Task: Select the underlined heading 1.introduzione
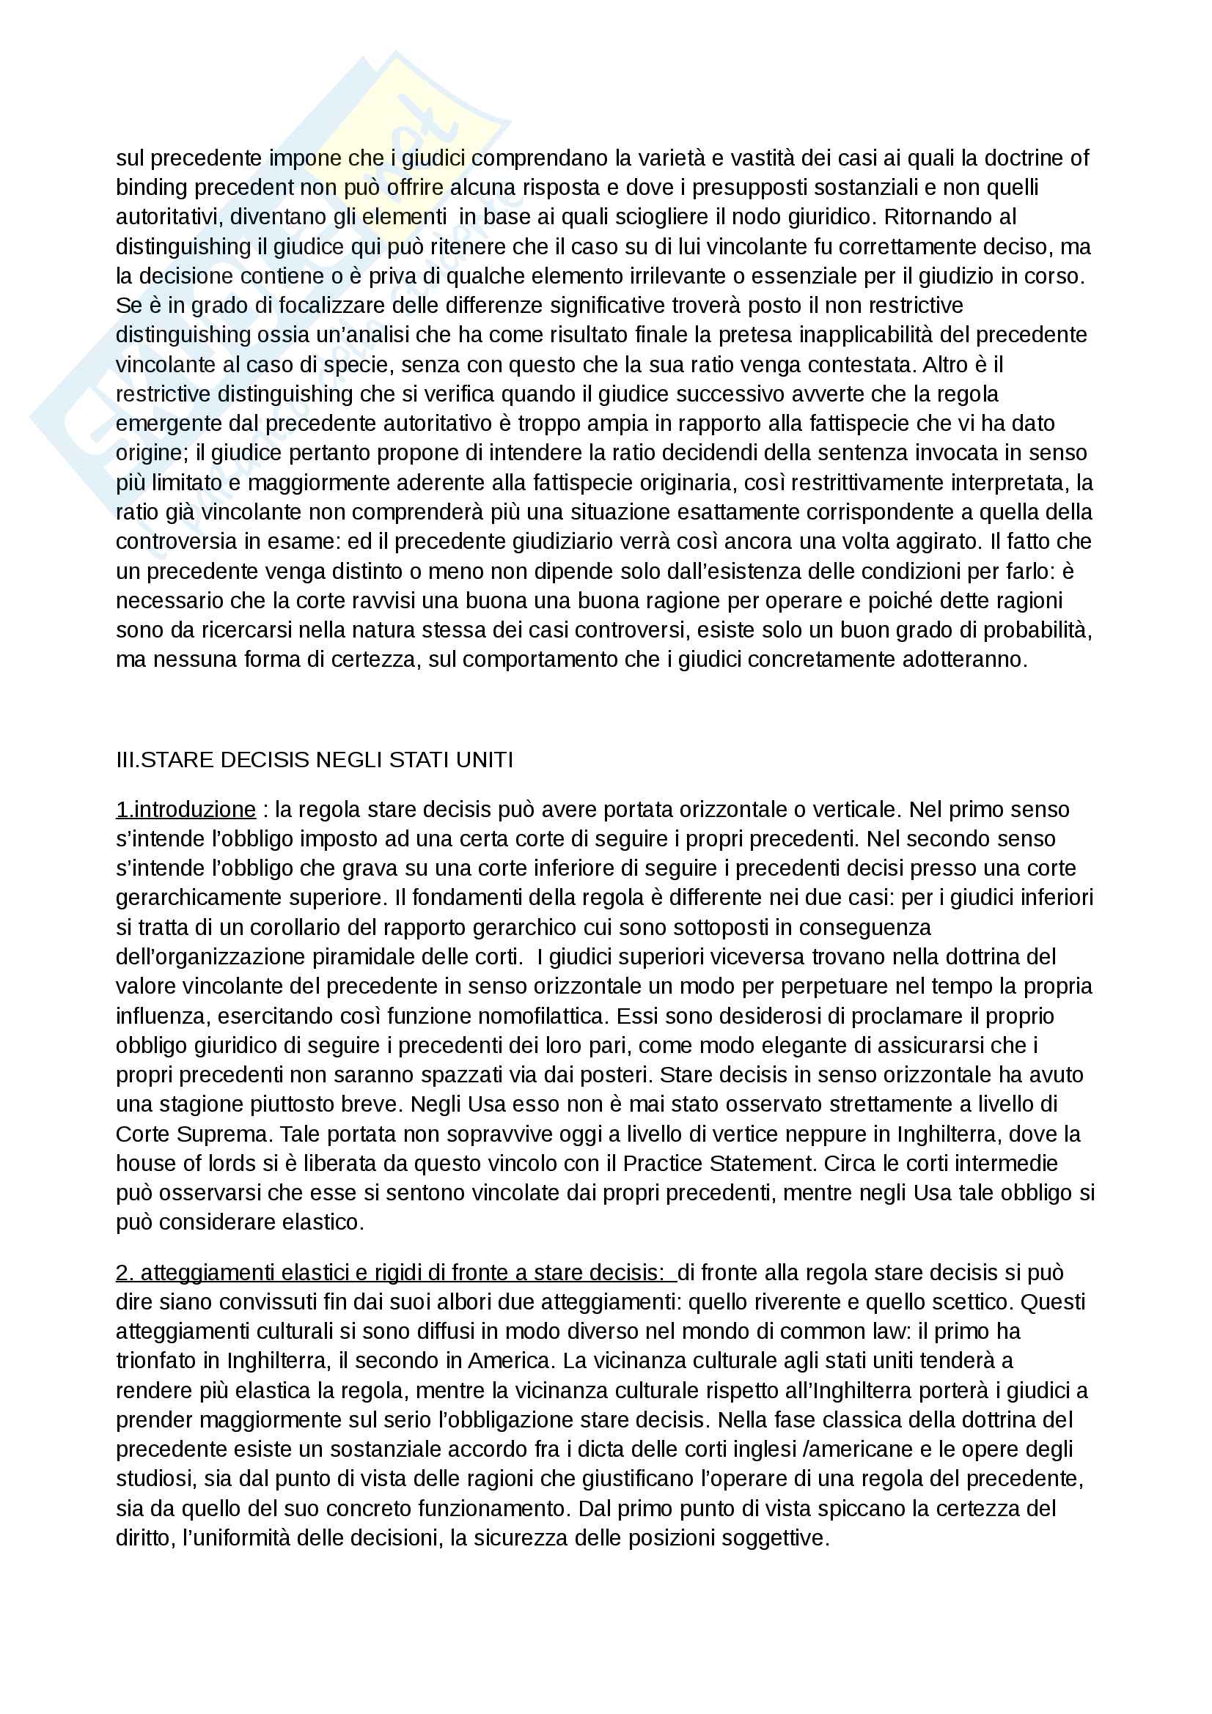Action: tap(186, 810)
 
